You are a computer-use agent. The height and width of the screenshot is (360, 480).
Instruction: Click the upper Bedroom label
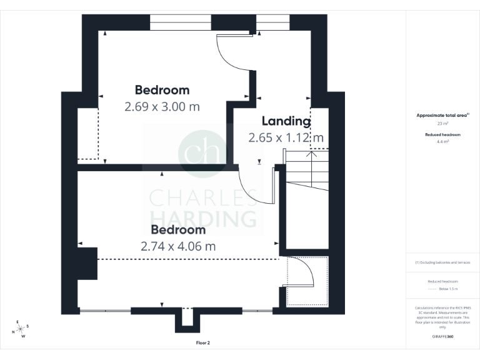coord(162,90)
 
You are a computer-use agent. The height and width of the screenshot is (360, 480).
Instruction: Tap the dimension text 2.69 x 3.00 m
coord(162,106)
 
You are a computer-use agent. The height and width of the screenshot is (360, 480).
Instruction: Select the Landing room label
coord(286,121)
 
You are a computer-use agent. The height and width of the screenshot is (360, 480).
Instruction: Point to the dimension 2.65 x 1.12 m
coord(286,137)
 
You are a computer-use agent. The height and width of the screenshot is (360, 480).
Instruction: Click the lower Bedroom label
coord(178,230)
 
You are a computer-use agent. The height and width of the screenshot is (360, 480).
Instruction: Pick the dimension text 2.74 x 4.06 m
coord(178,246)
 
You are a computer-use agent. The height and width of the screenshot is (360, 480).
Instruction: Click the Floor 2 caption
coord(202,343)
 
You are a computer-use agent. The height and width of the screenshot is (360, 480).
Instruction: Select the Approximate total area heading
coord(442,116)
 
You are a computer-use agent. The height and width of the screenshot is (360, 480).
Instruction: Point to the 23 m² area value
coord(442,124)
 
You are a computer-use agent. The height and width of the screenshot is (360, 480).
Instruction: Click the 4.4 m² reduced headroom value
coord(442,142)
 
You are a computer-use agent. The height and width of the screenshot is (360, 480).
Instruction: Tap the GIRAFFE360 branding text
coord(442,336)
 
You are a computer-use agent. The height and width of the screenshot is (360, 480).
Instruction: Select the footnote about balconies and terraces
coord(442,262)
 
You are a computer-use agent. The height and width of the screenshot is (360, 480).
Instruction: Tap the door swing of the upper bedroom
coord(232,54)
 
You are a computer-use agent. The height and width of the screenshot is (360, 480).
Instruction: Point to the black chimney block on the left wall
coord(87,263)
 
